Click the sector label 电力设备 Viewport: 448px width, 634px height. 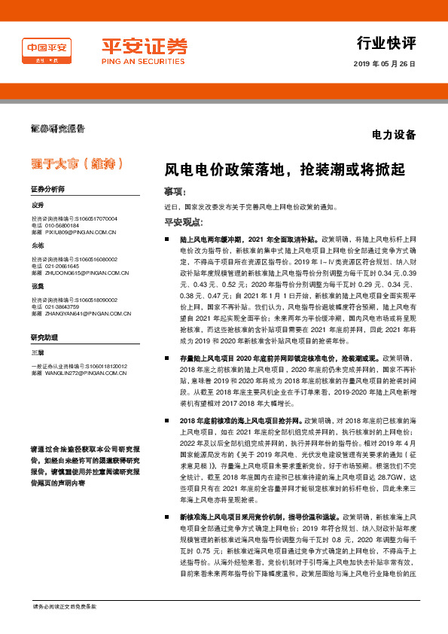click(394, 136)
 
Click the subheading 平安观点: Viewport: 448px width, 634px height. click(182, 222)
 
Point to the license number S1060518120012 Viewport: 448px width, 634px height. click(99, 366)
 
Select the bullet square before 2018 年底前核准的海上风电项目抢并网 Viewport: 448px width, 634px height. click(172, 419)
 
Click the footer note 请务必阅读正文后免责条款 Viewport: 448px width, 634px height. click(64, 606)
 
